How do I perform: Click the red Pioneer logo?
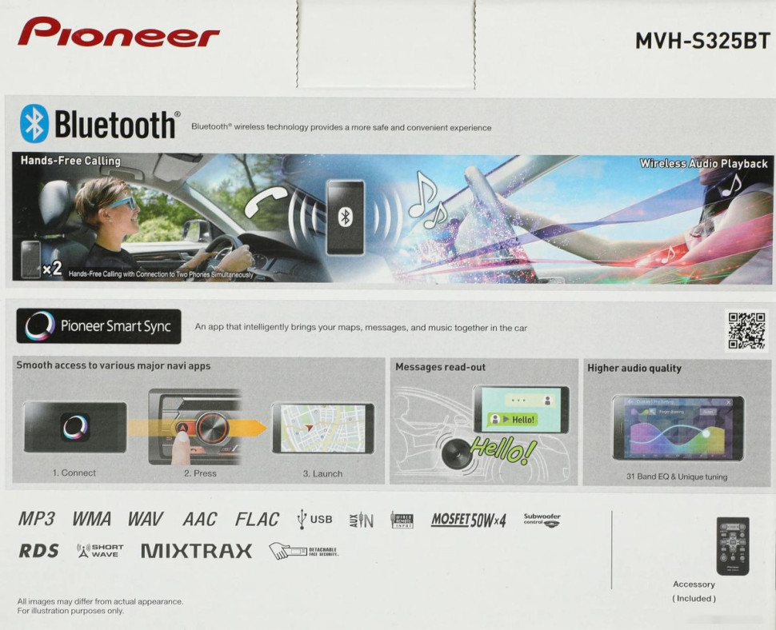coord(118,33)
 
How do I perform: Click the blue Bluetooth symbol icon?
coord(34,124)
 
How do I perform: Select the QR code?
coord(746,329)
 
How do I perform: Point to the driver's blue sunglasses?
coord(121,203)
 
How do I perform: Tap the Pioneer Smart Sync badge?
coord(98,326)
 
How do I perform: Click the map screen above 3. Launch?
coord(322,429)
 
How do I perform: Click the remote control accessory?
coord(732,546)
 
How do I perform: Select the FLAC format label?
coord(257,520)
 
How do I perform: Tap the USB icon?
coord(314,520)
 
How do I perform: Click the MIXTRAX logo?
coord(196,551)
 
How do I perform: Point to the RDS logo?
coord(38,551)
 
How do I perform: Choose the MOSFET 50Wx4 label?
coord(469,520)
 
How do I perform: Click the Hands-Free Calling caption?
coord(70,161)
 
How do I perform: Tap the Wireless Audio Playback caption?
coord(703,164)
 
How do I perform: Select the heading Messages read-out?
coord(440,367)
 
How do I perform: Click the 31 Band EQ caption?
coord(677,476)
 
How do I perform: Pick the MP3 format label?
coord(37,520)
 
